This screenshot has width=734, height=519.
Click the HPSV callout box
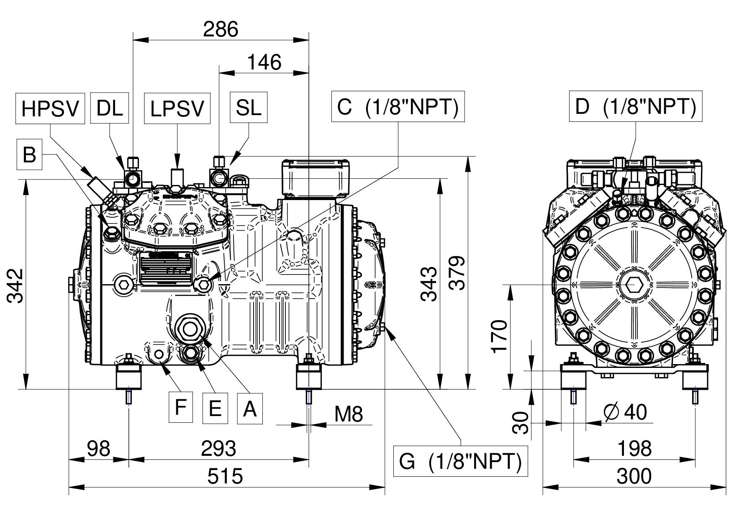tap(50, 108)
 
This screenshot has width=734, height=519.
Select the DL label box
tap(110, 108)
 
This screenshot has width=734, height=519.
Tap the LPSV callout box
tap(177, 108)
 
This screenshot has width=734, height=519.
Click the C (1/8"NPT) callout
tap(398, 106)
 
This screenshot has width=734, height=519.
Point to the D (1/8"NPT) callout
tap(636, 106)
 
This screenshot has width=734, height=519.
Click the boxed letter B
tap(29, 155)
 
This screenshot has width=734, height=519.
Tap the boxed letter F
tap(181, 407)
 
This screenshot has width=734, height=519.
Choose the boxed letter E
tap(215, 408)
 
